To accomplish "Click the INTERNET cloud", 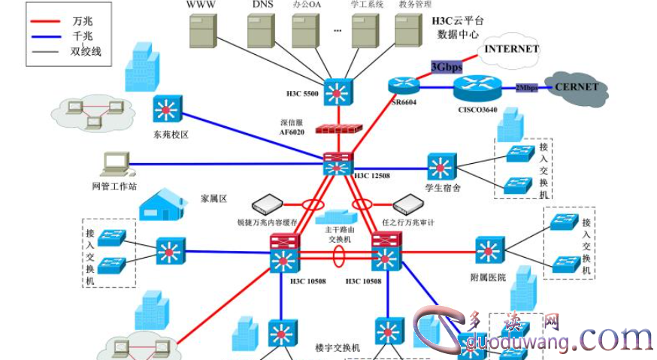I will (x=512, y=50).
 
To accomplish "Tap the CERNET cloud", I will (x=577, y=87).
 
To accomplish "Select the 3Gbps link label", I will (x=446, y=67).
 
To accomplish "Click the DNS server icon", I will (x=262, y=30).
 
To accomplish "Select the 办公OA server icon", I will (x=306, y=30).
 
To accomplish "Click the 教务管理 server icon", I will (x=407, y=30).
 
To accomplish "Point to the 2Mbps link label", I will (x=526, y=88).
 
